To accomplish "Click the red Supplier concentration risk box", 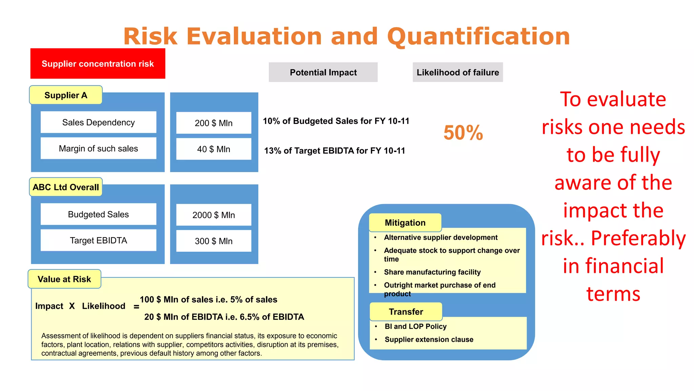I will click(98, 63).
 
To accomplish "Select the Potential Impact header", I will click(323, 72).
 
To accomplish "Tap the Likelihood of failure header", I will click(457, 72).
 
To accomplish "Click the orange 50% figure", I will click(463, 132).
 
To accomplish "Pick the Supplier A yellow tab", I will click(66, 95).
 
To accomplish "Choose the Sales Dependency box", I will click(98, 122).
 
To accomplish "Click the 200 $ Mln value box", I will click(213, 123).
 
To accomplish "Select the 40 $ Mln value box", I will click(213, 149).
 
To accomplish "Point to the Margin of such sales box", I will click(98, 148).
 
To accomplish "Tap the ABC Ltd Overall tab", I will click(66, 187).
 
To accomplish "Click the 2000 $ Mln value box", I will click(213, 215).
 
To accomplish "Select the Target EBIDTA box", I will click(98, 240).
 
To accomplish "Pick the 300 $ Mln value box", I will click(213, 241).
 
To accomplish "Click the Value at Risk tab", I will click(64, 279).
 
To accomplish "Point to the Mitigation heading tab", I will click(405, 223).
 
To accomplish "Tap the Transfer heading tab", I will click(406, 312).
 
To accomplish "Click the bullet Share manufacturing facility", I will click(432, 272).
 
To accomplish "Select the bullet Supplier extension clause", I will click(429, 339).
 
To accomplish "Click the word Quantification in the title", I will click(478, 36).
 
